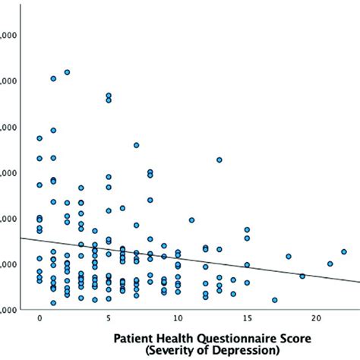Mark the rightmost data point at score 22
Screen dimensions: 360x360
click(x=343, y=251)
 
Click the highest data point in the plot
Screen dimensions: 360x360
click(x=67, y=72)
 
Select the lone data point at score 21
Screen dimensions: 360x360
click(x=330, y=264)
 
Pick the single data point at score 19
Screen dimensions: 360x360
click(x=302, y=276)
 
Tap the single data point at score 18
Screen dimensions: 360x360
click(x=288, y=256)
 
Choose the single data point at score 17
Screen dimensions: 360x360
click(x=274, y=299)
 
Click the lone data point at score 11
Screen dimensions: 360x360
click(x=191, y=220)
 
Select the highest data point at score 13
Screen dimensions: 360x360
click(x=219, y=159)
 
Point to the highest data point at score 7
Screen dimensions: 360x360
click(x=136, y=145)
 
